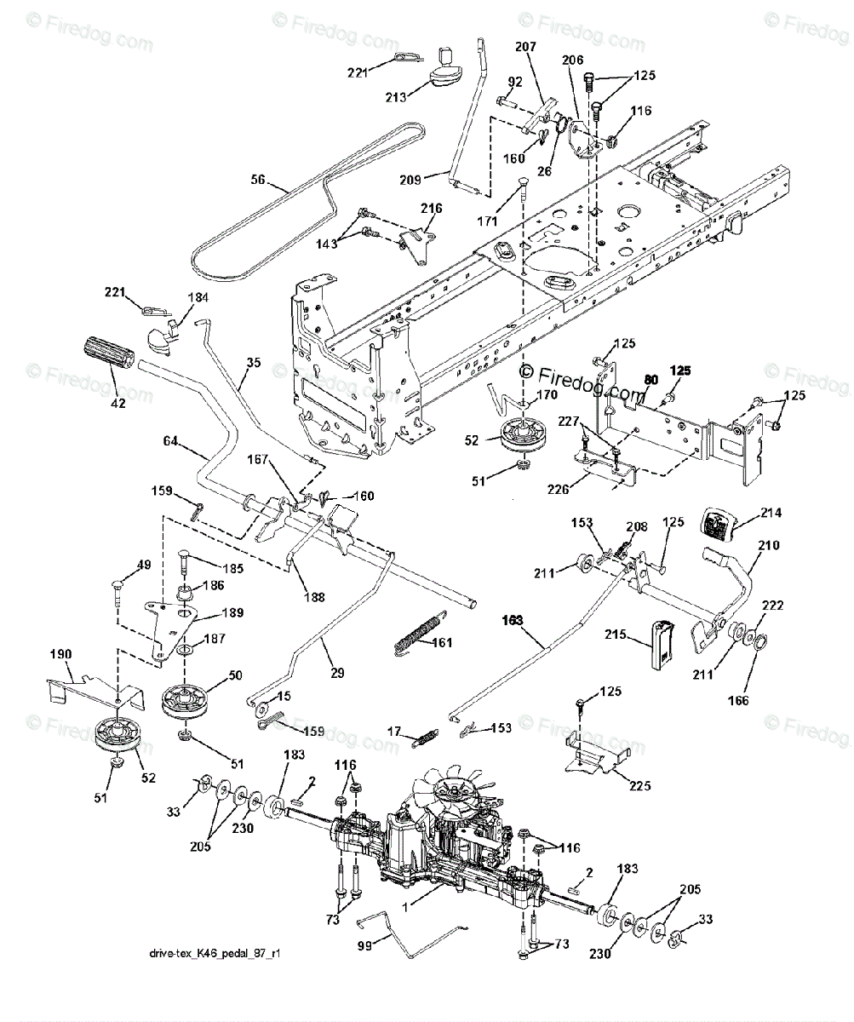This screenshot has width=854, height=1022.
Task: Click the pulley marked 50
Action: [187, 699]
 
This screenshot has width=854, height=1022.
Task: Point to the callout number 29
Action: [337, 673]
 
